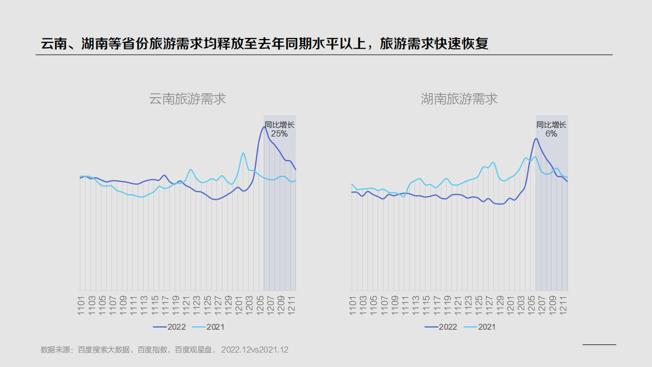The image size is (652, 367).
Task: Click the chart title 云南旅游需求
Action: (187, 99)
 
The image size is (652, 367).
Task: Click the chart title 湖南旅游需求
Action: (459, 99)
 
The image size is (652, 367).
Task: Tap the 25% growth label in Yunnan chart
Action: (279, 134)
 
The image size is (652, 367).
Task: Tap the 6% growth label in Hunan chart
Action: (551, 134)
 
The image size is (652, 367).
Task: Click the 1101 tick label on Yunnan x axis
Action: (81, 305)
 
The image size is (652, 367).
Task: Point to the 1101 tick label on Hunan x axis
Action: (353, 305)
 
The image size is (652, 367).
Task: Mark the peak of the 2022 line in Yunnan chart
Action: (264, 127)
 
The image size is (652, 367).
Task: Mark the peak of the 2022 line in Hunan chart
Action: (536, 138)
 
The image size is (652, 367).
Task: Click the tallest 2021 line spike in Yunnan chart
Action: (243, 153)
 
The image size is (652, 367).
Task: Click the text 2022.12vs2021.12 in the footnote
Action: (254, 349)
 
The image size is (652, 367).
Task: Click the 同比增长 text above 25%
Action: (279, 125)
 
